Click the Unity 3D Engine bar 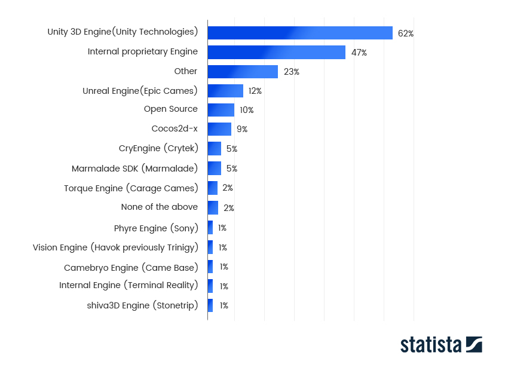[300, 33]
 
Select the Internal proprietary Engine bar [276, 52]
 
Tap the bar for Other [243, 72]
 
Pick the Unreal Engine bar [225, 91]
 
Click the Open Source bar [221, 110]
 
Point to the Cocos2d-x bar [219, 129]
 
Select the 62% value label [405, 33]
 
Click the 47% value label [359, 53]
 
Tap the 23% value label [292, 72]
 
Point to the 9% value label [242, 129]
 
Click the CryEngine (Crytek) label [158, 148]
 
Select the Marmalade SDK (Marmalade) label [134, 169]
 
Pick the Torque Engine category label [131, 188]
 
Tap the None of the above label [160, 207]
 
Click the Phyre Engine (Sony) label [156, 228]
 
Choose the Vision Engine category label [115, 247]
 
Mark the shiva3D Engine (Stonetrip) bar [210, 305]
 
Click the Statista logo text [430, 345]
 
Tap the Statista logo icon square [474, 344]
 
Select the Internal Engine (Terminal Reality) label [128, 285]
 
